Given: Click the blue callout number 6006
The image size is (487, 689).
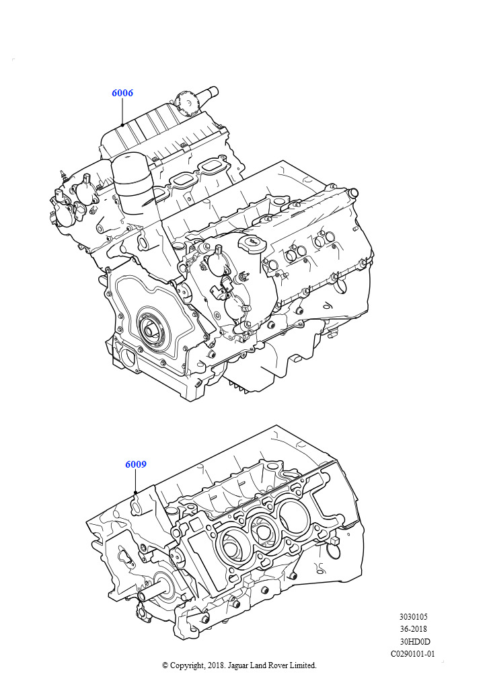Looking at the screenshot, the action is click(x=122, y=93).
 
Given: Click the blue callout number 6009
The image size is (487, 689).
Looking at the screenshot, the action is click(x=136, y=464).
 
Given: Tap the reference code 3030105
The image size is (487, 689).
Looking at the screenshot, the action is click(x=413, y=617).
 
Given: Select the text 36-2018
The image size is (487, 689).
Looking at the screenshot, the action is click(x=413, y=629).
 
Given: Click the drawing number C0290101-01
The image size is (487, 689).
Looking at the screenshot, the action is click(x=413, y=654).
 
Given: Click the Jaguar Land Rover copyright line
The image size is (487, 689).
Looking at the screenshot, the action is click(x=239, y=665).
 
